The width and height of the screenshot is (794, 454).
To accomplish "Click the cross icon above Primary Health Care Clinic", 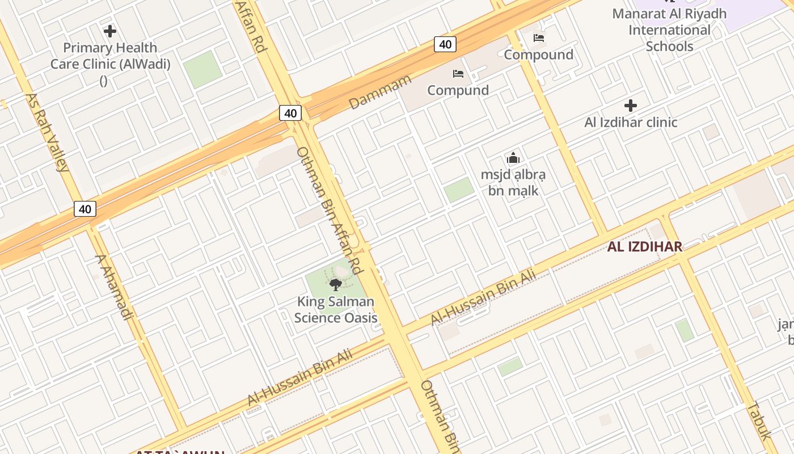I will pos(110,31).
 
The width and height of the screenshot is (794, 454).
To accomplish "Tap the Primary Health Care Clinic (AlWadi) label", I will pos(110,56).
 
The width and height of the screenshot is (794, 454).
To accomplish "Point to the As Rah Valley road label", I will pos(47,132).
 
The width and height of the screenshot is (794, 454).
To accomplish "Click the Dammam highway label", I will pos(379,92).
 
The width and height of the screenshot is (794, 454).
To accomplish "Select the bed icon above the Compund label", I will pos(458,74).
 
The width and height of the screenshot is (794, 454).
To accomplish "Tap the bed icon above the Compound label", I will pos(539,38).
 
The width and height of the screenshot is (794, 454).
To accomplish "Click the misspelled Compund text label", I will pos(458,90).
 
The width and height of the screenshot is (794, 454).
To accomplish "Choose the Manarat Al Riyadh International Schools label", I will pos(669,30).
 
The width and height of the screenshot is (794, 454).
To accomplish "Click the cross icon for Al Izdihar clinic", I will pos(630,106).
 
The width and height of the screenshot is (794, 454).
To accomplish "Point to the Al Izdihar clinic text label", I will pos(631,122).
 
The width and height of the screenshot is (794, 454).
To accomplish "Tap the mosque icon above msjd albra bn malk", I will pos(513,158).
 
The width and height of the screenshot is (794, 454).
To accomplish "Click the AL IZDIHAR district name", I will pos(644,247).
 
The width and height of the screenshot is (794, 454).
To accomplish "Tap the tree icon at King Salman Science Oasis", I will pos(335,284).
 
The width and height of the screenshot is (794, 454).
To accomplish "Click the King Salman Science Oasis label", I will pos(336,309).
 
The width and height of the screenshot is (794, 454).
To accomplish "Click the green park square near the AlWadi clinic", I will pos(202,69).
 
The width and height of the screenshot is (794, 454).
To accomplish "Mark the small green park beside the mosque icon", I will pos(459,190).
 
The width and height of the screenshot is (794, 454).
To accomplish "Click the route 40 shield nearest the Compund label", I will pos(445,44).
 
